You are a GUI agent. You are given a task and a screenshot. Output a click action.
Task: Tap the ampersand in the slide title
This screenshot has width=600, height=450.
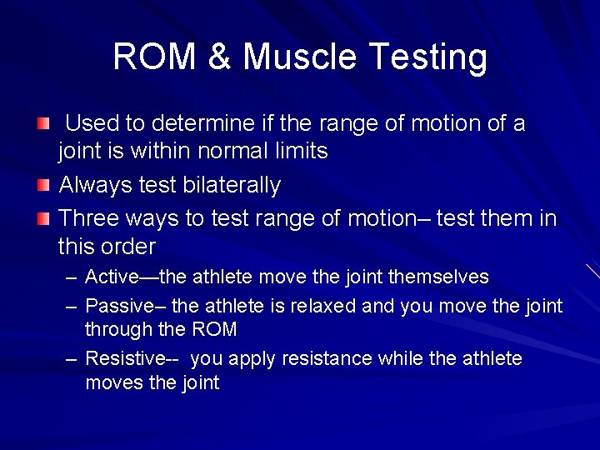pyautogui.click(x=220, y=57)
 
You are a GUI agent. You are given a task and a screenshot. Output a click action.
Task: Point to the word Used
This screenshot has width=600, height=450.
pyautogui.click(x=92, y=124)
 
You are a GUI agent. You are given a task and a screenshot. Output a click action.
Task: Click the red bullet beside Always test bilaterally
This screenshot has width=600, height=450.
pyautogui.click(x=42, y=185)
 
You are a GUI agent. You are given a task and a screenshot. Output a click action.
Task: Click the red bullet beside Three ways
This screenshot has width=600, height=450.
pyautogui.click(x=42, y=219)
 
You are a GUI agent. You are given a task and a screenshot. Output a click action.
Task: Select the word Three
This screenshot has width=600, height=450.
pyautogui.click(x=89, y=218)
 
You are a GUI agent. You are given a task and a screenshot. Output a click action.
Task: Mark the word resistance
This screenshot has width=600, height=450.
pyautogui.click(x=328, y=359)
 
